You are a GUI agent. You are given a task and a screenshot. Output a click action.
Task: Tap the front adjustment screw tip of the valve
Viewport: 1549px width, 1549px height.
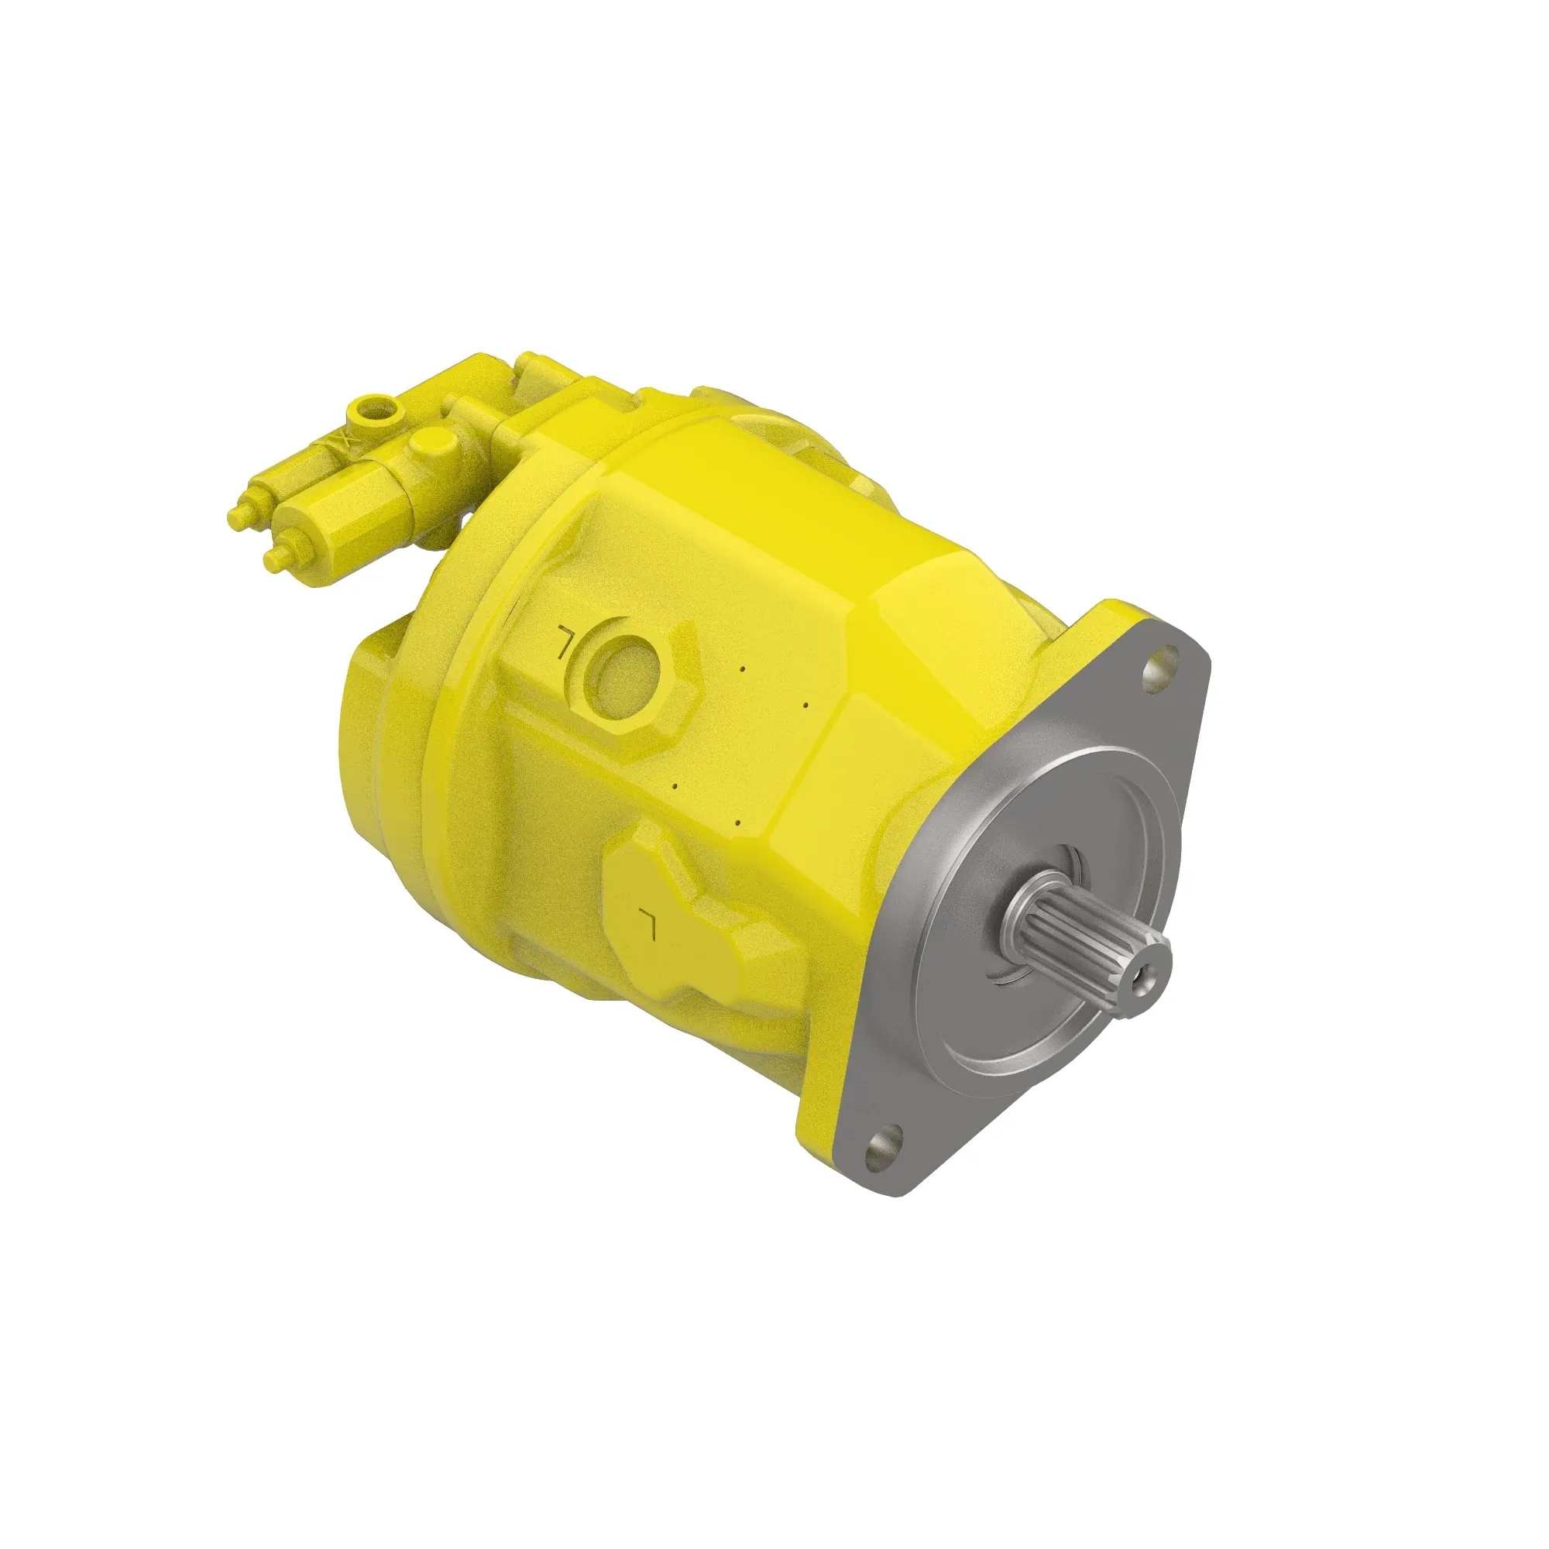(x=272, y=559)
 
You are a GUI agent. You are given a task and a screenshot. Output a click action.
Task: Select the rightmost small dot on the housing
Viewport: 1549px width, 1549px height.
(x=804, y=706)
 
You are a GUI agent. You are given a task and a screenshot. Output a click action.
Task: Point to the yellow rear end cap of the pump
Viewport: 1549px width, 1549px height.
(x=377, y=722)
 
